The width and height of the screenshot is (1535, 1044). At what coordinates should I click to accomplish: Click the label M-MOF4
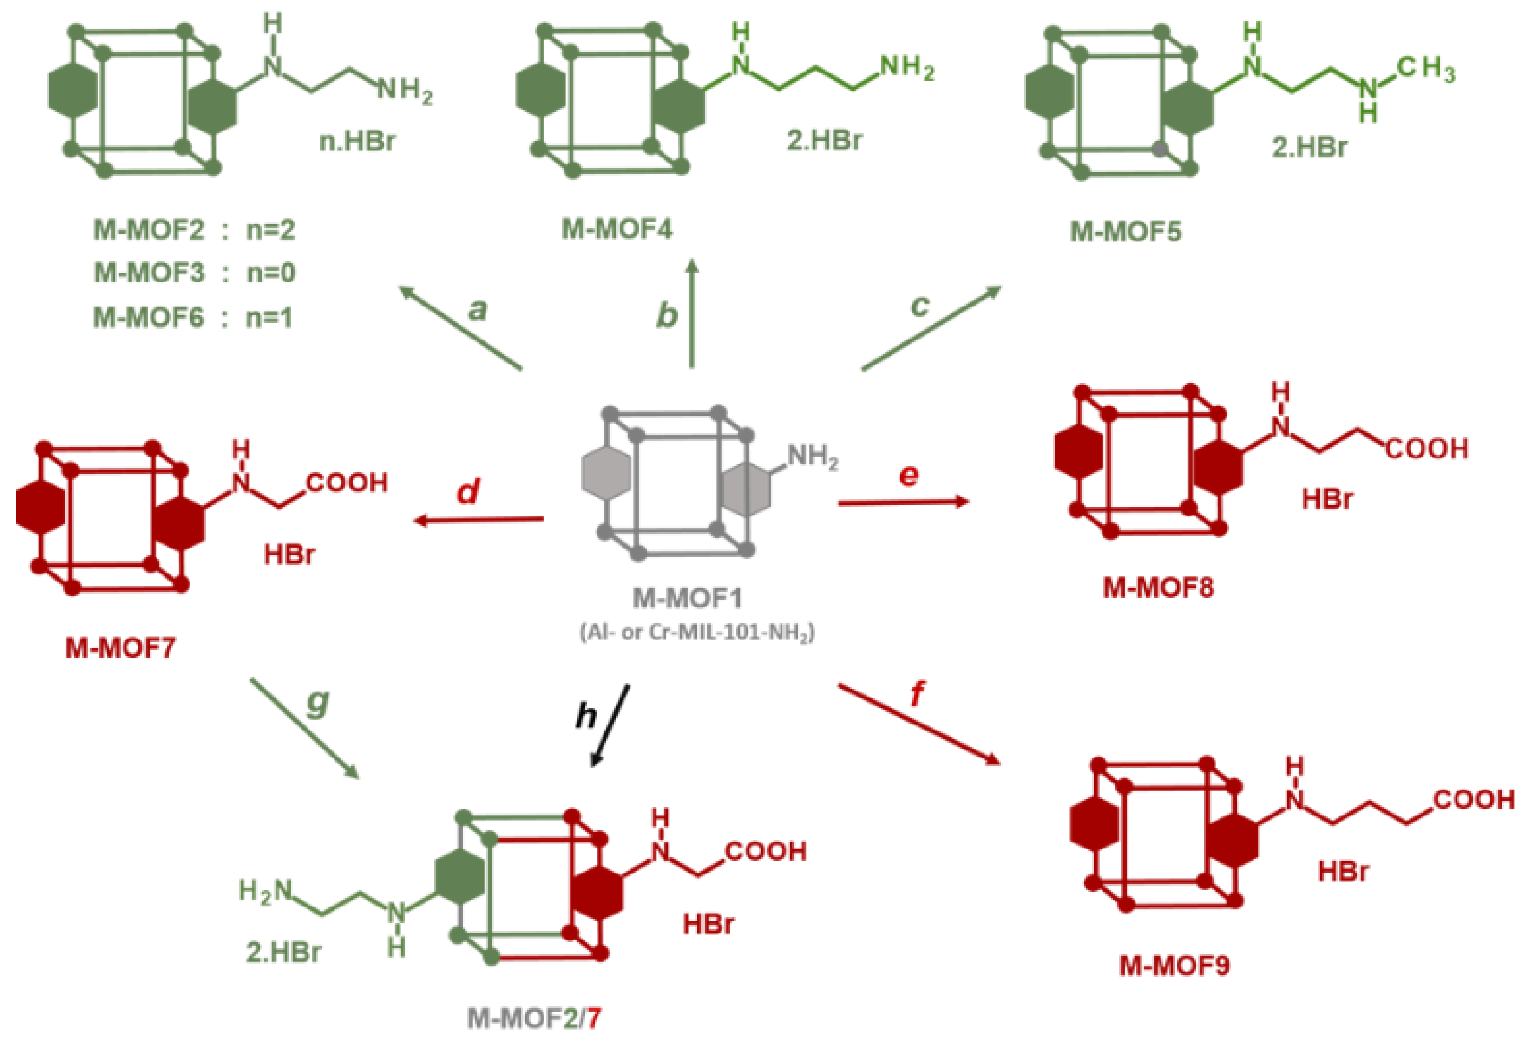pos(616,229)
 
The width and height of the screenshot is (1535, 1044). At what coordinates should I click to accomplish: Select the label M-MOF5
pos(1125,231)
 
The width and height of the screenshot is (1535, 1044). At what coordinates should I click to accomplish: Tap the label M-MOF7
pos(120,648)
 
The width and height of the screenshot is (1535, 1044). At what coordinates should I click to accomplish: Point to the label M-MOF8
pos(1158,587)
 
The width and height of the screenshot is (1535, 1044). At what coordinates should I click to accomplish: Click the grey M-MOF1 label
pos(687,598)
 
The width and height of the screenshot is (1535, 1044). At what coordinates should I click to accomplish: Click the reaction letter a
pos(477,309)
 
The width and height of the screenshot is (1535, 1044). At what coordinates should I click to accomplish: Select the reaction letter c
pos(920,305)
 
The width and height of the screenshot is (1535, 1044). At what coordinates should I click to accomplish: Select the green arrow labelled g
pos(304,728)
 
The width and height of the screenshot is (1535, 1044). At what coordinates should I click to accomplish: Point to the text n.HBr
pos(357,141)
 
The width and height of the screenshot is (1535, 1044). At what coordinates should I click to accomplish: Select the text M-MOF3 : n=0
pos(194,273)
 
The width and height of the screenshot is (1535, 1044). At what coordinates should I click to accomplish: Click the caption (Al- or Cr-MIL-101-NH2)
pos(697,633)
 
